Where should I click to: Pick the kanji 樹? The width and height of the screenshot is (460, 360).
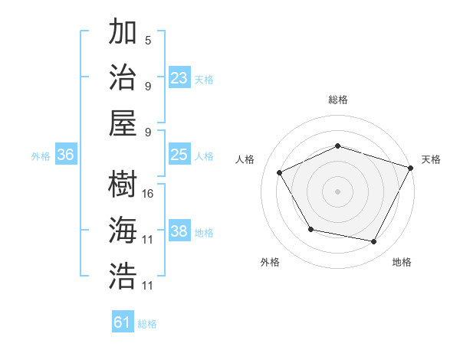click(123, 185)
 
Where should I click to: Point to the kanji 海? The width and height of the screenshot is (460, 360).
click(123, 230)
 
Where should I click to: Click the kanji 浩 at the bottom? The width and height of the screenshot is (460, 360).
click(123, 276)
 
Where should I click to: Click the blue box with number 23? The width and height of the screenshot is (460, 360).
click(179, 77)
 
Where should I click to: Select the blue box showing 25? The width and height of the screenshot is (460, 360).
click(179, 155)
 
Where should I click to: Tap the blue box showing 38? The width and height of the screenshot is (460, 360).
click(179, 231)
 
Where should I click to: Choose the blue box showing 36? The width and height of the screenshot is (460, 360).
click(66, 155)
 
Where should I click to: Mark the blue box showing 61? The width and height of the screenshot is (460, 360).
click(123, 322)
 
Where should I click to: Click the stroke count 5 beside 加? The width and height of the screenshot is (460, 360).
click(148, 40)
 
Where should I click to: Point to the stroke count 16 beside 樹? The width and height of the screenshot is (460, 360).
click(148, 193)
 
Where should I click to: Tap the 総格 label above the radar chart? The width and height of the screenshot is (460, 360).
click(338, 100)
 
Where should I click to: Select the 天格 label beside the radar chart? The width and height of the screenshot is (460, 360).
click(431, 159)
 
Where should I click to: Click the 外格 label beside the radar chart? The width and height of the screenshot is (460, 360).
click(270, 262)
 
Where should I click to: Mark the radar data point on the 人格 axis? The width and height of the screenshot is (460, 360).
click(280, 172)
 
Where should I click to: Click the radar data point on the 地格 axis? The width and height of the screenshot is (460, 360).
click(374, 242)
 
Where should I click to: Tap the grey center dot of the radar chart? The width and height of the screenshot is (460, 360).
click(337, 191)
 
